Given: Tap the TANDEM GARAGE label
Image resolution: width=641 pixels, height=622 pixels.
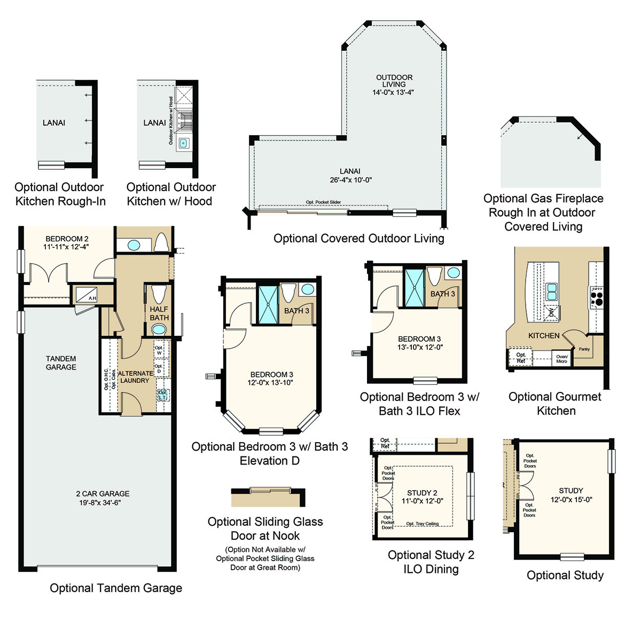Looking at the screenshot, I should coord(61,363).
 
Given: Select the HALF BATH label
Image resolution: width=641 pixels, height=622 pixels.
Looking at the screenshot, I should coord(159,313).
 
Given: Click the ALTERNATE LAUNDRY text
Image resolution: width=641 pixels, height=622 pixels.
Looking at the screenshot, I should coord(135,377).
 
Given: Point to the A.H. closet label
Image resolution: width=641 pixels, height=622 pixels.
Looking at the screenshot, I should coord(92,298).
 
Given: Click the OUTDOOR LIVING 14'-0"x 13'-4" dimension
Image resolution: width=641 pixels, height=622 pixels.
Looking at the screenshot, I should coord(393,92).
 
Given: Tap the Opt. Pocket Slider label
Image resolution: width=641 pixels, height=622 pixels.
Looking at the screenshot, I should coord(323,202).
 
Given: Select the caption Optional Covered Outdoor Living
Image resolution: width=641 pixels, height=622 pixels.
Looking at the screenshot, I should coord(358,239).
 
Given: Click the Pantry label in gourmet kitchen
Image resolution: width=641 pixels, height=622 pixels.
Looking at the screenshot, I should coord(584,349).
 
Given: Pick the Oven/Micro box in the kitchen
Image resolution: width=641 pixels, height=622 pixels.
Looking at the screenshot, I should coord(561,359).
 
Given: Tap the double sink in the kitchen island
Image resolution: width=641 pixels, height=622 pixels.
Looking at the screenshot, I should coord(551,292).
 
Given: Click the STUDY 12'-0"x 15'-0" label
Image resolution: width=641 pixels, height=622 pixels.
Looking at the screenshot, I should coord(571,495).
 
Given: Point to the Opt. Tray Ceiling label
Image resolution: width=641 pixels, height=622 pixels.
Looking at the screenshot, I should coord(422,524).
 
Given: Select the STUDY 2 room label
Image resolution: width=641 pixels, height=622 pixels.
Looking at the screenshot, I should coord(422,493).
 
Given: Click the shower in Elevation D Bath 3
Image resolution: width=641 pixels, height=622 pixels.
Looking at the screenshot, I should coord(268,305).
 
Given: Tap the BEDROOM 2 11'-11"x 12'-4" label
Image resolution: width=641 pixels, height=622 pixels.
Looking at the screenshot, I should coord(66,243).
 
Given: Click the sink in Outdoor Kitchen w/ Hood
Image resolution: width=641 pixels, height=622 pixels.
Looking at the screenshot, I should coord(184,143).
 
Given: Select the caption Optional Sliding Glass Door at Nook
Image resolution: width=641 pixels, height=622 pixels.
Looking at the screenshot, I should coord(265,529).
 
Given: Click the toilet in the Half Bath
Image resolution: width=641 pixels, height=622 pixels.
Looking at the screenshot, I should coord(159,294).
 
